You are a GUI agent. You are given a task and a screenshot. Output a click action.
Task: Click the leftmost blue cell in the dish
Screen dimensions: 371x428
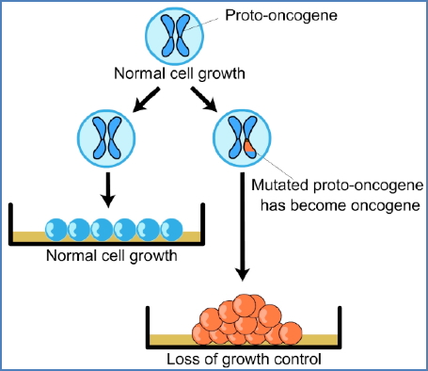click(x=55, y=228)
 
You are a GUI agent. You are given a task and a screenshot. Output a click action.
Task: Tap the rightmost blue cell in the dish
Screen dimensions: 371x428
click(x=172, y=228)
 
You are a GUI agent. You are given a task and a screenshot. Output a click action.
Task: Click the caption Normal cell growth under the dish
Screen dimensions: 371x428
click(x=112, y=253)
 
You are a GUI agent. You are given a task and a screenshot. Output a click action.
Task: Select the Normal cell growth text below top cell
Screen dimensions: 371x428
click(x=174, y=73)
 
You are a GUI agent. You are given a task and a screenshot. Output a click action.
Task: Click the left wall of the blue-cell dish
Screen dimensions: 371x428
click(x=10, y=224)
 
